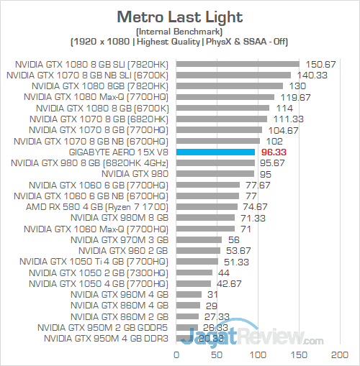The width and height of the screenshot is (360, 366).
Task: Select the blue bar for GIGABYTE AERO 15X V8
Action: tap(215, 152)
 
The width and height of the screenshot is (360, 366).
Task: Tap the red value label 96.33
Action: tap(274, 152)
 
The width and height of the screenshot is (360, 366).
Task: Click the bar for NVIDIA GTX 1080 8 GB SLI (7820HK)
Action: tap(237, 64)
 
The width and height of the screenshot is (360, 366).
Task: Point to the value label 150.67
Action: tap(317, 64)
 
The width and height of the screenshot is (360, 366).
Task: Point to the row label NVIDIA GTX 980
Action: tap(135, 173)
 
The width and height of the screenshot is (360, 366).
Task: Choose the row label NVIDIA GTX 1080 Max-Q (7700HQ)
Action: tap(96, 97)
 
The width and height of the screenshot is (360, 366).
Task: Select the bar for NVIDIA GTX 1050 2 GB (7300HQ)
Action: tap(194, 273)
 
